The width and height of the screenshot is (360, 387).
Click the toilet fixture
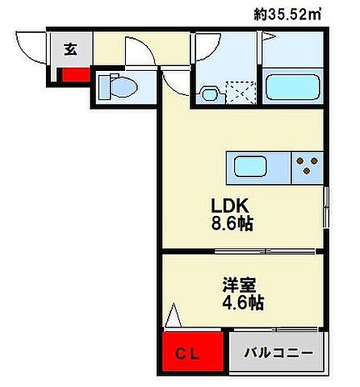click(117, 85)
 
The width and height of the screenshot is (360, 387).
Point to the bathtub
click(293, 85)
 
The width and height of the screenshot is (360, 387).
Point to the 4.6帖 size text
click(242, 303)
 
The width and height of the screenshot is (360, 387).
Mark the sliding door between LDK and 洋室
click(242, 253)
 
